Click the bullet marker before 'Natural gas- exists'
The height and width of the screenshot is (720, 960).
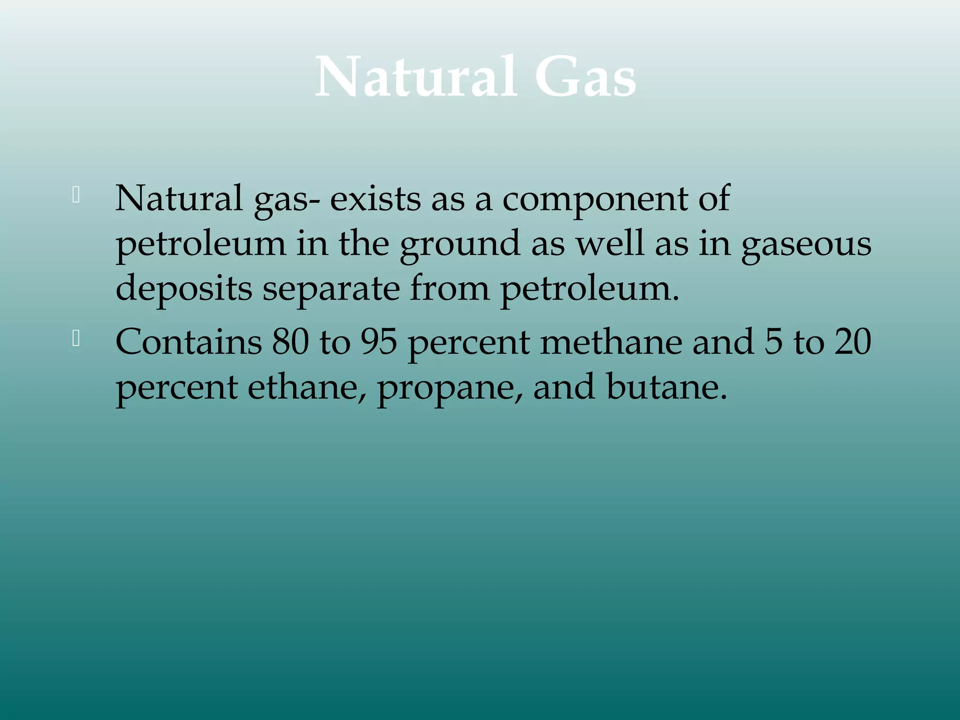pos(76,195)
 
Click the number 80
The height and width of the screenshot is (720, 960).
pos(291,341)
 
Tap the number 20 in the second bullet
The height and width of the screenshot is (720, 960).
pos(853,341)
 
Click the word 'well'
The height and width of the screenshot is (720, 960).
pos(610,244)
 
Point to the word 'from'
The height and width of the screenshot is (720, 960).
pos(450,288)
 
